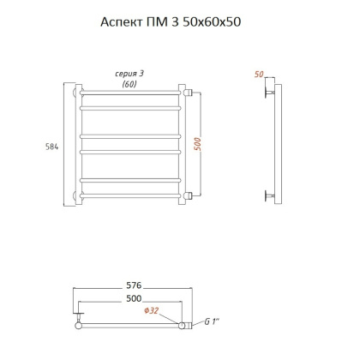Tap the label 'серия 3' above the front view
click(x=130, y=74)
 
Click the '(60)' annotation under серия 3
click(x=130, y=84)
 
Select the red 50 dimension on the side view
click(x=259, y=75)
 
